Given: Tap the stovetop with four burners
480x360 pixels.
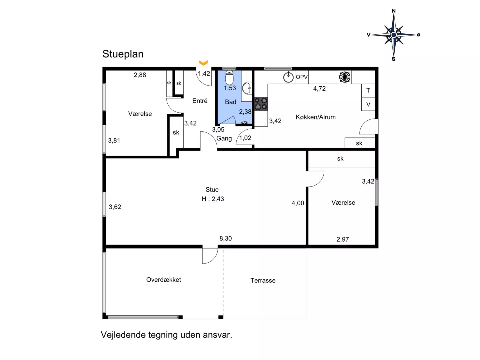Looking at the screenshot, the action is pos(261,104).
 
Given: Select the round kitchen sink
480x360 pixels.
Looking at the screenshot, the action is pos(288,77).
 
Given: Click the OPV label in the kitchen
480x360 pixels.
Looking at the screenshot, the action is pos(302,77).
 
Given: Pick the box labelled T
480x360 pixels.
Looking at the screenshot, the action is pos(368,91).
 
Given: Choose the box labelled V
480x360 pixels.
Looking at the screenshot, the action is pos(368,104).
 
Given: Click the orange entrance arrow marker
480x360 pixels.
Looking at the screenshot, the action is pos(203,63).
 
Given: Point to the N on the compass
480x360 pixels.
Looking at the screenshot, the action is pos(394,11).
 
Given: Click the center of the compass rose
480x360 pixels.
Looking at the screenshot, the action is pos(394,35).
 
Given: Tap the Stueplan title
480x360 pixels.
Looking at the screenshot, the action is pos(123,54).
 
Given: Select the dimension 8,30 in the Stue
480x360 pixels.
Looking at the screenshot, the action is pos(225,238).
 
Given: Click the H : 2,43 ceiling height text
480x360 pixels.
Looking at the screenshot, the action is pos(213,199).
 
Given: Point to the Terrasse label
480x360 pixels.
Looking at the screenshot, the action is pos(263,281).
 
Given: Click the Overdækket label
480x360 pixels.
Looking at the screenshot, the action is pos(163,280).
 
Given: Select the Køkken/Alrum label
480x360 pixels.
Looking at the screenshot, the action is pos(316,117).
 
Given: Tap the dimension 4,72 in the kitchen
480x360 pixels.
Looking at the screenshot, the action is pos(319,88).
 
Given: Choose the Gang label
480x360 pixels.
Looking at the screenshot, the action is pos(224,139).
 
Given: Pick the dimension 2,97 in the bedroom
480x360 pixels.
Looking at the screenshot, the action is pos(343,239).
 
